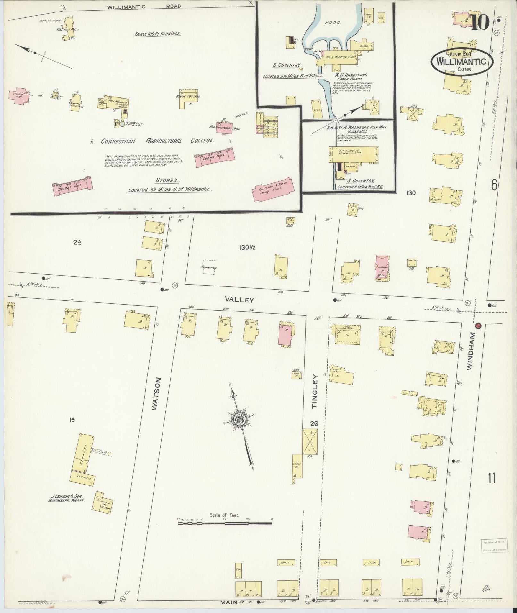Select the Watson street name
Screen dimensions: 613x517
click(155, 393)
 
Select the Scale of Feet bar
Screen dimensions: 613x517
click(225, 524)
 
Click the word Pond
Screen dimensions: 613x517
click(333, 23)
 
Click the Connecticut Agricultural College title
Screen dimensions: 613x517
click(157, 141)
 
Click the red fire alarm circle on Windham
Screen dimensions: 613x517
click(478, 326)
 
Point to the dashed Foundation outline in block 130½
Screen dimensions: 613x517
click(209, 267)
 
